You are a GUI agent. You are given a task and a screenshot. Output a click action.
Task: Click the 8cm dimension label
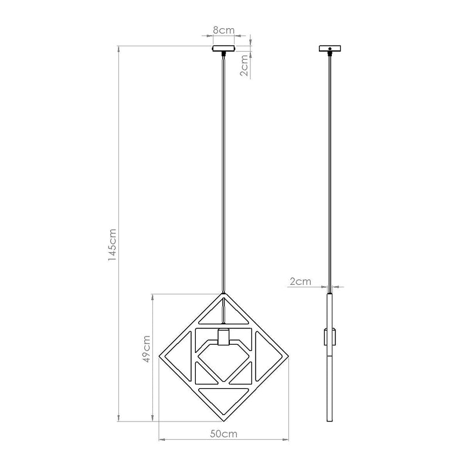pos(223,29)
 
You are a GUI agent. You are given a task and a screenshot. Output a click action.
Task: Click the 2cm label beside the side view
pos(300,281)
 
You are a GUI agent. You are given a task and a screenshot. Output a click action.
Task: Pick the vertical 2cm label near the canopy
pos(245,66)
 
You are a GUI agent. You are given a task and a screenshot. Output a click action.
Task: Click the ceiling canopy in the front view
pos(223,49)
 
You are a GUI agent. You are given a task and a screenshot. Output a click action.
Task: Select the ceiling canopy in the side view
pos(330,49)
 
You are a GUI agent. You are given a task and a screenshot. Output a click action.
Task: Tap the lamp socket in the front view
pos(223,338)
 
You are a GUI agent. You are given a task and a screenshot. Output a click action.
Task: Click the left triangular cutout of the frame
pos(180,355)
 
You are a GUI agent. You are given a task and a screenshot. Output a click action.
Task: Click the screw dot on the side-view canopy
pos(330,47)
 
